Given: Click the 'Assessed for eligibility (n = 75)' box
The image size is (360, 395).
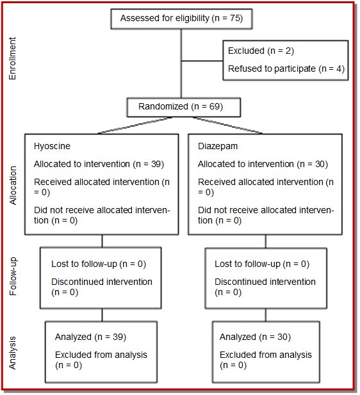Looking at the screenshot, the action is click(181, 19).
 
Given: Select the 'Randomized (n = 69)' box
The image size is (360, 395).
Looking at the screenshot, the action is click(184, 108).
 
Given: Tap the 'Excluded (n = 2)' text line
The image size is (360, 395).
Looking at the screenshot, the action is click(261, 51).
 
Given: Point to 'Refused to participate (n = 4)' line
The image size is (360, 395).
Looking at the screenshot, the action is click(286, 69).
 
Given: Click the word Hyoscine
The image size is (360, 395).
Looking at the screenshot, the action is click(52, 146).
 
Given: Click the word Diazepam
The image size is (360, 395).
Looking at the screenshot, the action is click(218, 146).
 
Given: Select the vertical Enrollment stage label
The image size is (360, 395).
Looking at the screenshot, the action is click(12, 58).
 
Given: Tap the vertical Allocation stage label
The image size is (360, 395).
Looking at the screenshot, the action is click(13, 186).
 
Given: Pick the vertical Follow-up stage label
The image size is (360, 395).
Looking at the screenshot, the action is click(13, 276).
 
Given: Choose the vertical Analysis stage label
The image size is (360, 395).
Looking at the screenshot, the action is click(12, 353).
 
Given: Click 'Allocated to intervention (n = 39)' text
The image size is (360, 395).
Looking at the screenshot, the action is click(99, 165).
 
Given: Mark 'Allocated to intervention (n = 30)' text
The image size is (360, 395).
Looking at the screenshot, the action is click(263, 165).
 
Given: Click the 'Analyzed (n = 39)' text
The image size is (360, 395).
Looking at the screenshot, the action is click(90, 337).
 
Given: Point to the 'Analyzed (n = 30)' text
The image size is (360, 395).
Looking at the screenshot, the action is click(255, 337).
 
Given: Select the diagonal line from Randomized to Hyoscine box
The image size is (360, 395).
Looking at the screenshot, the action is click(135, 125).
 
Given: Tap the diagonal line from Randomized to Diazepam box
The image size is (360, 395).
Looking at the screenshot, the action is click(228, 125).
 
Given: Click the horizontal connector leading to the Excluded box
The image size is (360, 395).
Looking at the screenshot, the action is click(202, 61).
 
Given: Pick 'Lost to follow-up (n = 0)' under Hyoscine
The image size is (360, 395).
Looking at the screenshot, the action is click(99, 264).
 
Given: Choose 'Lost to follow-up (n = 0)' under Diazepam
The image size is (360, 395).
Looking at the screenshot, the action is click(262, 264).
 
